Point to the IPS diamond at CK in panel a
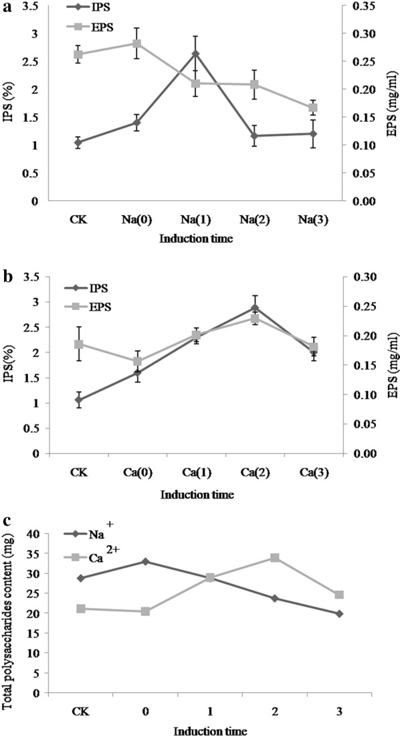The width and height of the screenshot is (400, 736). click(x=78, y=142)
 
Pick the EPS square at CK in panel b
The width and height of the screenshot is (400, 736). click(x=78, y=344)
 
